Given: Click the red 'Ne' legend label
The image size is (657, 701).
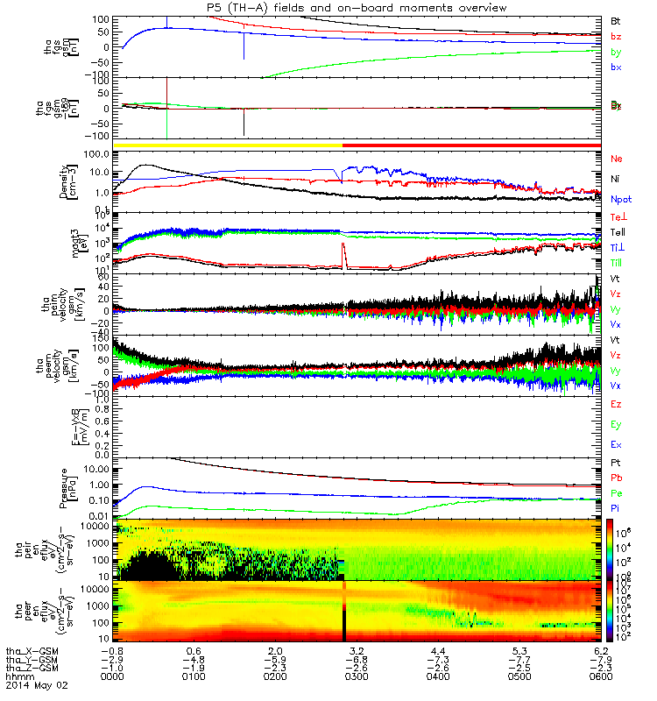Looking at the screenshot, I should tap(616, 159).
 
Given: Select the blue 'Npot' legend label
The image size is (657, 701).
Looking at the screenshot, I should tap(620, 200).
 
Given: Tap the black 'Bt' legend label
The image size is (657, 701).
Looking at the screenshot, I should tap(615, 19).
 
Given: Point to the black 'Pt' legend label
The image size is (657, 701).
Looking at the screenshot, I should tap(615, 462).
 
